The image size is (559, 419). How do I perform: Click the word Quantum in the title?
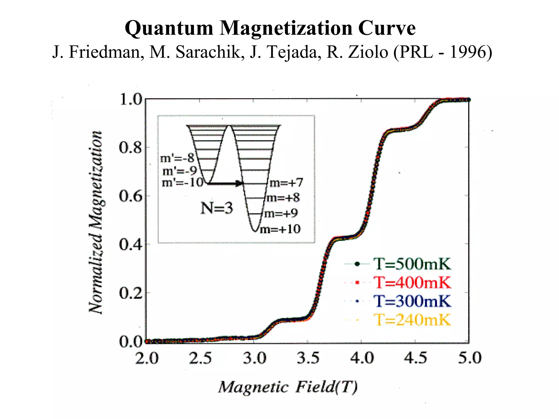(x=169, y=28)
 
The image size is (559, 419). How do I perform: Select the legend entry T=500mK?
(x=412, y=264)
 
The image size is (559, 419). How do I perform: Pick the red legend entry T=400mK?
(x=412, y=283)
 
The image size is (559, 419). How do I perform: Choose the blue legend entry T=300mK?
(x=412, y=301)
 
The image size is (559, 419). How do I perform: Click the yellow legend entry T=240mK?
(x=412, y=320)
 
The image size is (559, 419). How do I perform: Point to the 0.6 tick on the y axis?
(x=130, y=196)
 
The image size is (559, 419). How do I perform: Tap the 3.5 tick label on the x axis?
(x=308, y=358)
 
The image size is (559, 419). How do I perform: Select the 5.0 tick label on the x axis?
(x=469, y=358)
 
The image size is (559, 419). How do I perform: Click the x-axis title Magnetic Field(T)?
(x=288, y=387)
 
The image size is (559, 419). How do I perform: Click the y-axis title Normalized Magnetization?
(x=96, y=222)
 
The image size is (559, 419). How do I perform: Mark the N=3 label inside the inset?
(x=217, y=208)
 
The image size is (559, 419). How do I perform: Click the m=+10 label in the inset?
(x=280, y=229)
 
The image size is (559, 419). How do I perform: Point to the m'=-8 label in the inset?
(x=177, y=158)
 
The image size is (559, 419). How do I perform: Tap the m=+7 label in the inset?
(x=286, y=182)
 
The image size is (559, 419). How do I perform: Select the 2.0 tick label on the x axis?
(x=147, y=358)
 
